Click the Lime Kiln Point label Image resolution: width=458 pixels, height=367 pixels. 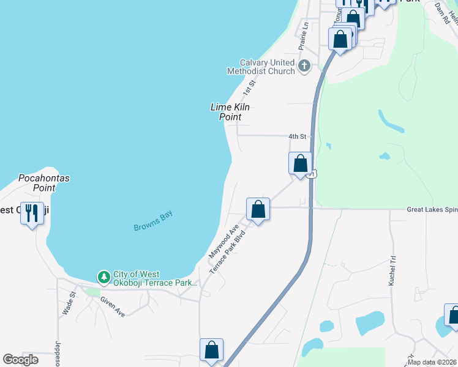pos(230,111)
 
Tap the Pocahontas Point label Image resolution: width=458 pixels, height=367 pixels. pos(43,183)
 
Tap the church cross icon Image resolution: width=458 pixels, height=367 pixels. pos(304,66)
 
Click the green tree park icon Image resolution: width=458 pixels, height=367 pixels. pos(104,278)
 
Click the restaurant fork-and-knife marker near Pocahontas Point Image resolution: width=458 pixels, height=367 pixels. pos(32,213)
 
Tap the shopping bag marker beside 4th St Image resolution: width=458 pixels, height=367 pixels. pos(300,164)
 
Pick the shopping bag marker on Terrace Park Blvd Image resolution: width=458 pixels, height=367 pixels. pos(258,209)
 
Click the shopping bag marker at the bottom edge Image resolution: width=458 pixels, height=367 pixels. pos(211,350)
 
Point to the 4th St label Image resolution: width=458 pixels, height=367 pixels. pos(297,137)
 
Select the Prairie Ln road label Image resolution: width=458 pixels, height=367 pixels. pos(302,38)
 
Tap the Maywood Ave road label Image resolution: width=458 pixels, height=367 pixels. pos(223,241)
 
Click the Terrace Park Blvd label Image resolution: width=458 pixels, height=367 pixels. pos(228,252)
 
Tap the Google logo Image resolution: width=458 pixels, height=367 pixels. pos(21,359)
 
